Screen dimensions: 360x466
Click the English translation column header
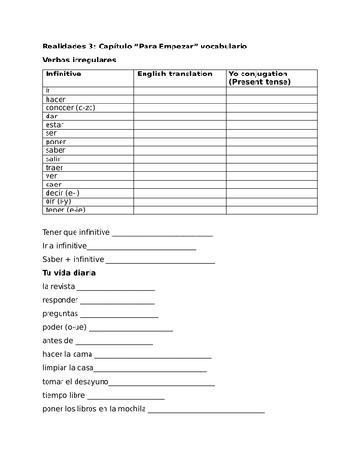(176, 73)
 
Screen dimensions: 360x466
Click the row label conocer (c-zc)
(72, 108)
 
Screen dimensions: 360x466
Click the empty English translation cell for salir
(179, 162)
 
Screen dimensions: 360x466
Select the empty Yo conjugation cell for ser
(270, 135)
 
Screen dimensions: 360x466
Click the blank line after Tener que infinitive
(162, 234)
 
